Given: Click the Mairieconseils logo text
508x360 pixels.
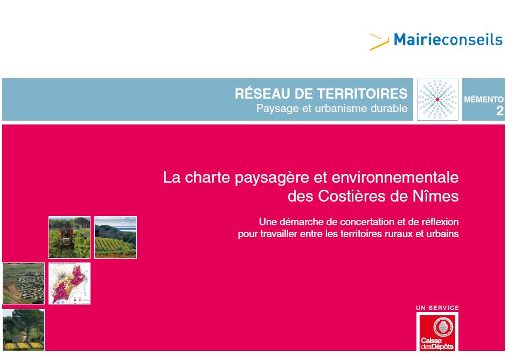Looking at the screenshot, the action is pyautogui.click(x=448, y=39).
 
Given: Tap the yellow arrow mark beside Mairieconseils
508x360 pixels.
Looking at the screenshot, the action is pyautogui.click(x=379, y=42).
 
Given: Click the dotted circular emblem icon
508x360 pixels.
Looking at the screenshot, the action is pyautogui.click(x=437, y=100).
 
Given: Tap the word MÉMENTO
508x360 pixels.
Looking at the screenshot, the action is pyautogui.click(x=484, y=100).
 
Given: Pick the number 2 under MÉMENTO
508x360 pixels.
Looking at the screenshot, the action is pyautogui.click(x=500, y=111).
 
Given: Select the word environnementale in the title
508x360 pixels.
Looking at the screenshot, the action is pyautogui.click(x=395, y=177).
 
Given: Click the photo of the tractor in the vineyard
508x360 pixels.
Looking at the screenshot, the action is pyautogui.click(x=69, y=237).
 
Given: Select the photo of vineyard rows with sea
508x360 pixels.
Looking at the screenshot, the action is pyautogui.click(x=115, y=237).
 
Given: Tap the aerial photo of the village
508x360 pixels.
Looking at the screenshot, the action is pyautogui.click(x=23, y=283).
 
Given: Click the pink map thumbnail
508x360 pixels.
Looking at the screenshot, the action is pyautogui.click(x=69, y=283).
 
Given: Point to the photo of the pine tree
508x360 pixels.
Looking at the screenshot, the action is pyautogui.click(x=23, y=329).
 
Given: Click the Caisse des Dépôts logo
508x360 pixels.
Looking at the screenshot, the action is pyautogui.click(x=437, y=333).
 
